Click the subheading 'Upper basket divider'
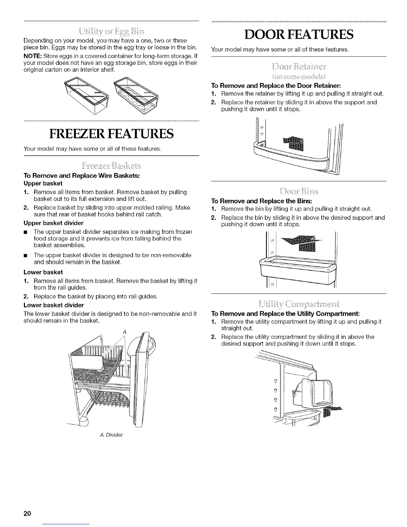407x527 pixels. click(54, 223)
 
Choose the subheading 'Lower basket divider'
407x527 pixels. click(54, 305)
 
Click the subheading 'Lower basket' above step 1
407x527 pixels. click(43, 272)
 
